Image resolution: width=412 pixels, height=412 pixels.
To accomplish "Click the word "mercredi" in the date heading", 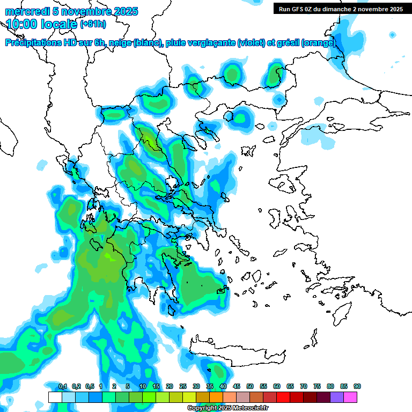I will pyautogui.click(x=26, y=11).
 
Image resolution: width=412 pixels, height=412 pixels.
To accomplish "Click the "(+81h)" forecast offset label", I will pyautogui.click(x=93, y=24).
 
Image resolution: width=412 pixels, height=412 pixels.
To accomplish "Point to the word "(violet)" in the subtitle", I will pyautogui.click(x=251, y=43).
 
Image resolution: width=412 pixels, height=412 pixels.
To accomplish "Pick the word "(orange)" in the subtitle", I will pyautogui.click(x=319, y=43).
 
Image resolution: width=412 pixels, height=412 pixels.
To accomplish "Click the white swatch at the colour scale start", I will pyautogui.click(x=55, y=397).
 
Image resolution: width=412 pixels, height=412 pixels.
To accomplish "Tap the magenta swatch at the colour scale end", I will pyautogui.click(x=350, y=397).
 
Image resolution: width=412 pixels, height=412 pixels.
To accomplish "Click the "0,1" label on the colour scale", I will pyautogui.click(x=63, y=386).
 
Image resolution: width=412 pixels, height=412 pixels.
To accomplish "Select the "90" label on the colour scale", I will pyautogui.click(x=357, y=386).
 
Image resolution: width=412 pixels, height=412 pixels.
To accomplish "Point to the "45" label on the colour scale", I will pyautogui.click(x=237, y=386).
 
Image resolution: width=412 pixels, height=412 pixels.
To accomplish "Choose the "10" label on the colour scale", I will pyautogui.click(x=143, y=386).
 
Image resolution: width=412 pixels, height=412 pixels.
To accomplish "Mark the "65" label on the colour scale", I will pyautogui.click(x=290, y=386).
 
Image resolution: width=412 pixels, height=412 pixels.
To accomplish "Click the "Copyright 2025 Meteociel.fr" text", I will pyautogui.click(x=227, y=408).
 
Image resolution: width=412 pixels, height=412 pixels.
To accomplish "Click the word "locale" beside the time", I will pyautogui.click(x=60, y=24).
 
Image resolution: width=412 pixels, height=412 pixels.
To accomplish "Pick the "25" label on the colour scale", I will pyautogui.click(x=183, y=386).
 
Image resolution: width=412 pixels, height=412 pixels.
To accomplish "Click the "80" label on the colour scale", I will pyautogui.click(x=330, y=386).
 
